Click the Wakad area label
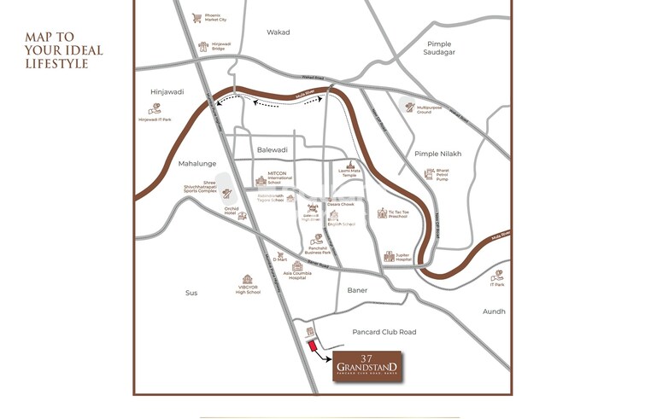pos(278,32)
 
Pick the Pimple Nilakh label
pos(437,154)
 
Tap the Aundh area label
pos(494,311)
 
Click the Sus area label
pos(191,293)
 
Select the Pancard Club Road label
pos(384,332)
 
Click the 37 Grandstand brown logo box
pos(366,364)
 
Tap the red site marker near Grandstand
pos(313,345)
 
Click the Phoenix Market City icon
pos(197,17)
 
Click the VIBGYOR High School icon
pos(248,279)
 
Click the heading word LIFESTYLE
pos(56,63)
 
